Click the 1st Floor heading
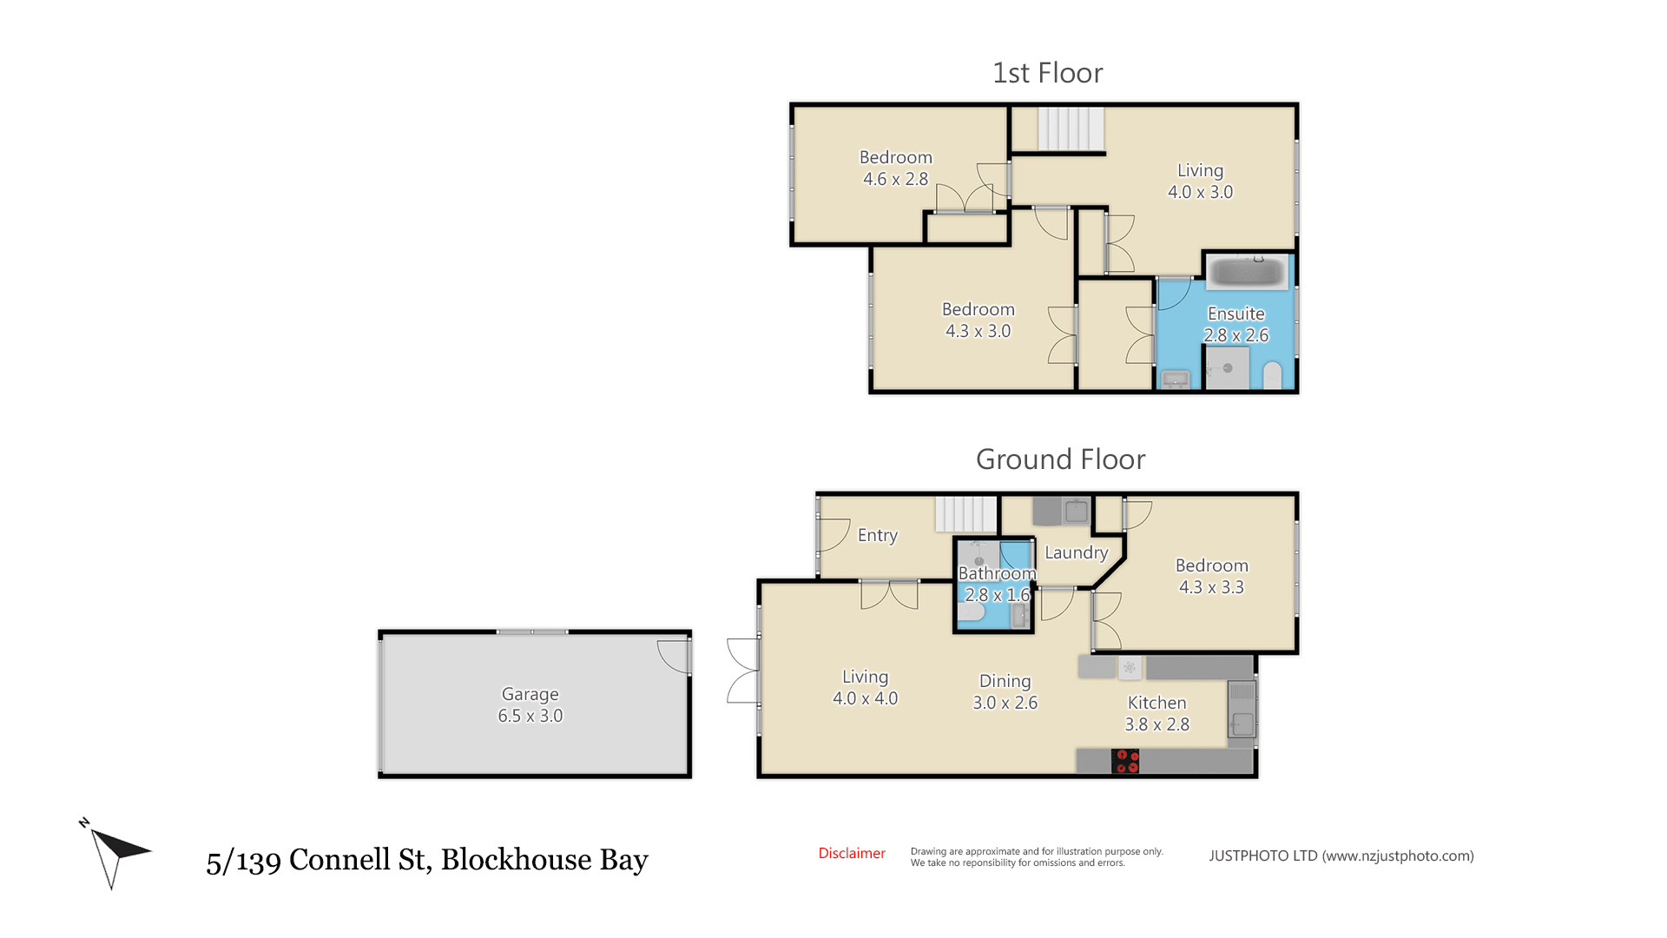point(1047,73)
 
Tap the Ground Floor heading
point(1060,459)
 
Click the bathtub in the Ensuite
point(1247,271)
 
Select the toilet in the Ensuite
point(1272,376)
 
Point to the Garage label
point(530,694)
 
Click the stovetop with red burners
point(1126,761)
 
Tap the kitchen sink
point(1242,710)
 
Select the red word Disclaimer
point(852,854)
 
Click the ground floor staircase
point(965,514)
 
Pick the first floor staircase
point(1071,129)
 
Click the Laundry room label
point(1077,553)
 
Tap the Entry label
point(877,536)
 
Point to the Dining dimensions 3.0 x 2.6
point(1005,703)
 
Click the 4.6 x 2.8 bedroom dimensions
point(895,179)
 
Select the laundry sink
point(1076,511)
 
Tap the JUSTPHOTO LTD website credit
point(1341,856)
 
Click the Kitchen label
point(1156,703)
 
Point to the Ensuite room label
point(1235,314)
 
